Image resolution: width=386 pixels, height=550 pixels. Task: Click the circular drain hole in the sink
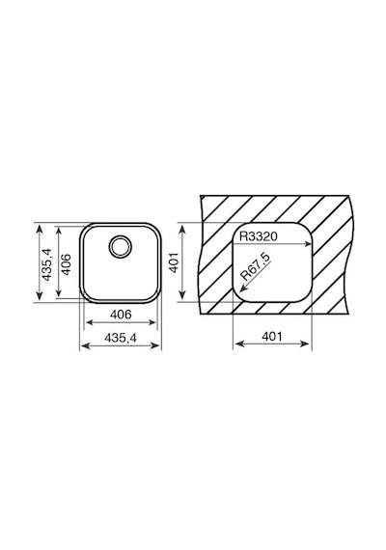click(x=121, y=246)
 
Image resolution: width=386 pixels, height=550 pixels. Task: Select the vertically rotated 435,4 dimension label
click(x=46, y=264)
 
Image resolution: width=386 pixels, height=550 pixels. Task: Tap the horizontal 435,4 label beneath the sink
click(x=121, y=338)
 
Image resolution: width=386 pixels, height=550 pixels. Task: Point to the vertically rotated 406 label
click(x=66, y=264)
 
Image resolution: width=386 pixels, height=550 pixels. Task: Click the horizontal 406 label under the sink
click(x=121, y=315)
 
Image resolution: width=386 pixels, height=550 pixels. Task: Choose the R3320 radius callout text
click(x=259, y=236)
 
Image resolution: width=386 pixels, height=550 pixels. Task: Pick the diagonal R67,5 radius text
click(x=256, y=266)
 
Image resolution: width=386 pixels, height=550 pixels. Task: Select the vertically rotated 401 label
click(x=175, y=262)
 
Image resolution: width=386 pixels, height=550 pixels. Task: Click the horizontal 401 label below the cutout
click(x=272, y=337)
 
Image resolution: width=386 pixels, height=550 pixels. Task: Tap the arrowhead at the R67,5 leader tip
click(x=242, y=289)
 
